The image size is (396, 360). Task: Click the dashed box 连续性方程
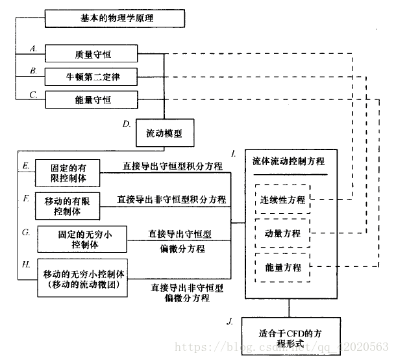pos(282,199)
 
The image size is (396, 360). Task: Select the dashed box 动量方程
pos(282,233)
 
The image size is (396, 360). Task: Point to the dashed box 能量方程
pos(282,267)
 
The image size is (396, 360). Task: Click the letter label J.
pos(230,322)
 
